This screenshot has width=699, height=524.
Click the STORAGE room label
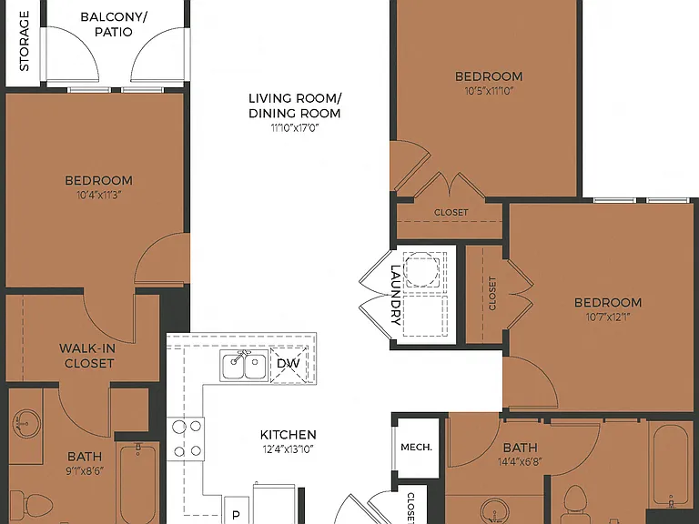[x=24, y=41]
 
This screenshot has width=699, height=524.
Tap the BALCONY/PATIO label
[x=114, y=25]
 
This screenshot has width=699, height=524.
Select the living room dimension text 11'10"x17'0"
[x=295, y=128]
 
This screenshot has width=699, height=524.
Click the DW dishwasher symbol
[x=289, y=364]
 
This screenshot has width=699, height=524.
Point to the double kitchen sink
[x=244, y=365]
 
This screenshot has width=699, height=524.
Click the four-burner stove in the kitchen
[x=187, y=438]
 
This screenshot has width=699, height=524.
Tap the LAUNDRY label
[x=396, y=295]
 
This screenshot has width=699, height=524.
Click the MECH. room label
[x=416, y=447]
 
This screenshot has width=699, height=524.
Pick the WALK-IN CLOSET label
[x=87, y=356]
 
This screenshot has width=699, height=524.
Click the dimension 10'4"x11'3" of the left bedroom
[x=99, y=196]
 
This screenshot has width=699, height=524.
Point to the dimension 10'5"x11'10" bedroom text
[x=489, y=91]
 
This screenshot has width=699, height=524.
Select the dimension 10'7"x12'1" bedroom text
[x=608, y=317]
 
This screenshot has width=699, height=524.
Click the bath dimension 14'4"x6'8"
[x=520, y=462]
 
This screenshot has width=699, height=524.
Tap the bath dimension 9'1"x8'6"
[x=85, y=471]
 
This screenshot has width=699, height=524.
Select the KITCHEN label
[x=288, y=435]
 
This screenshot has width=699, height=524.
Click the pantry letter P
[x=237, y=515]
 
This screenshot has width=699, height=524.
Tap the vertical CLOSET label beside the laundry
[x=492, y=294]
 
